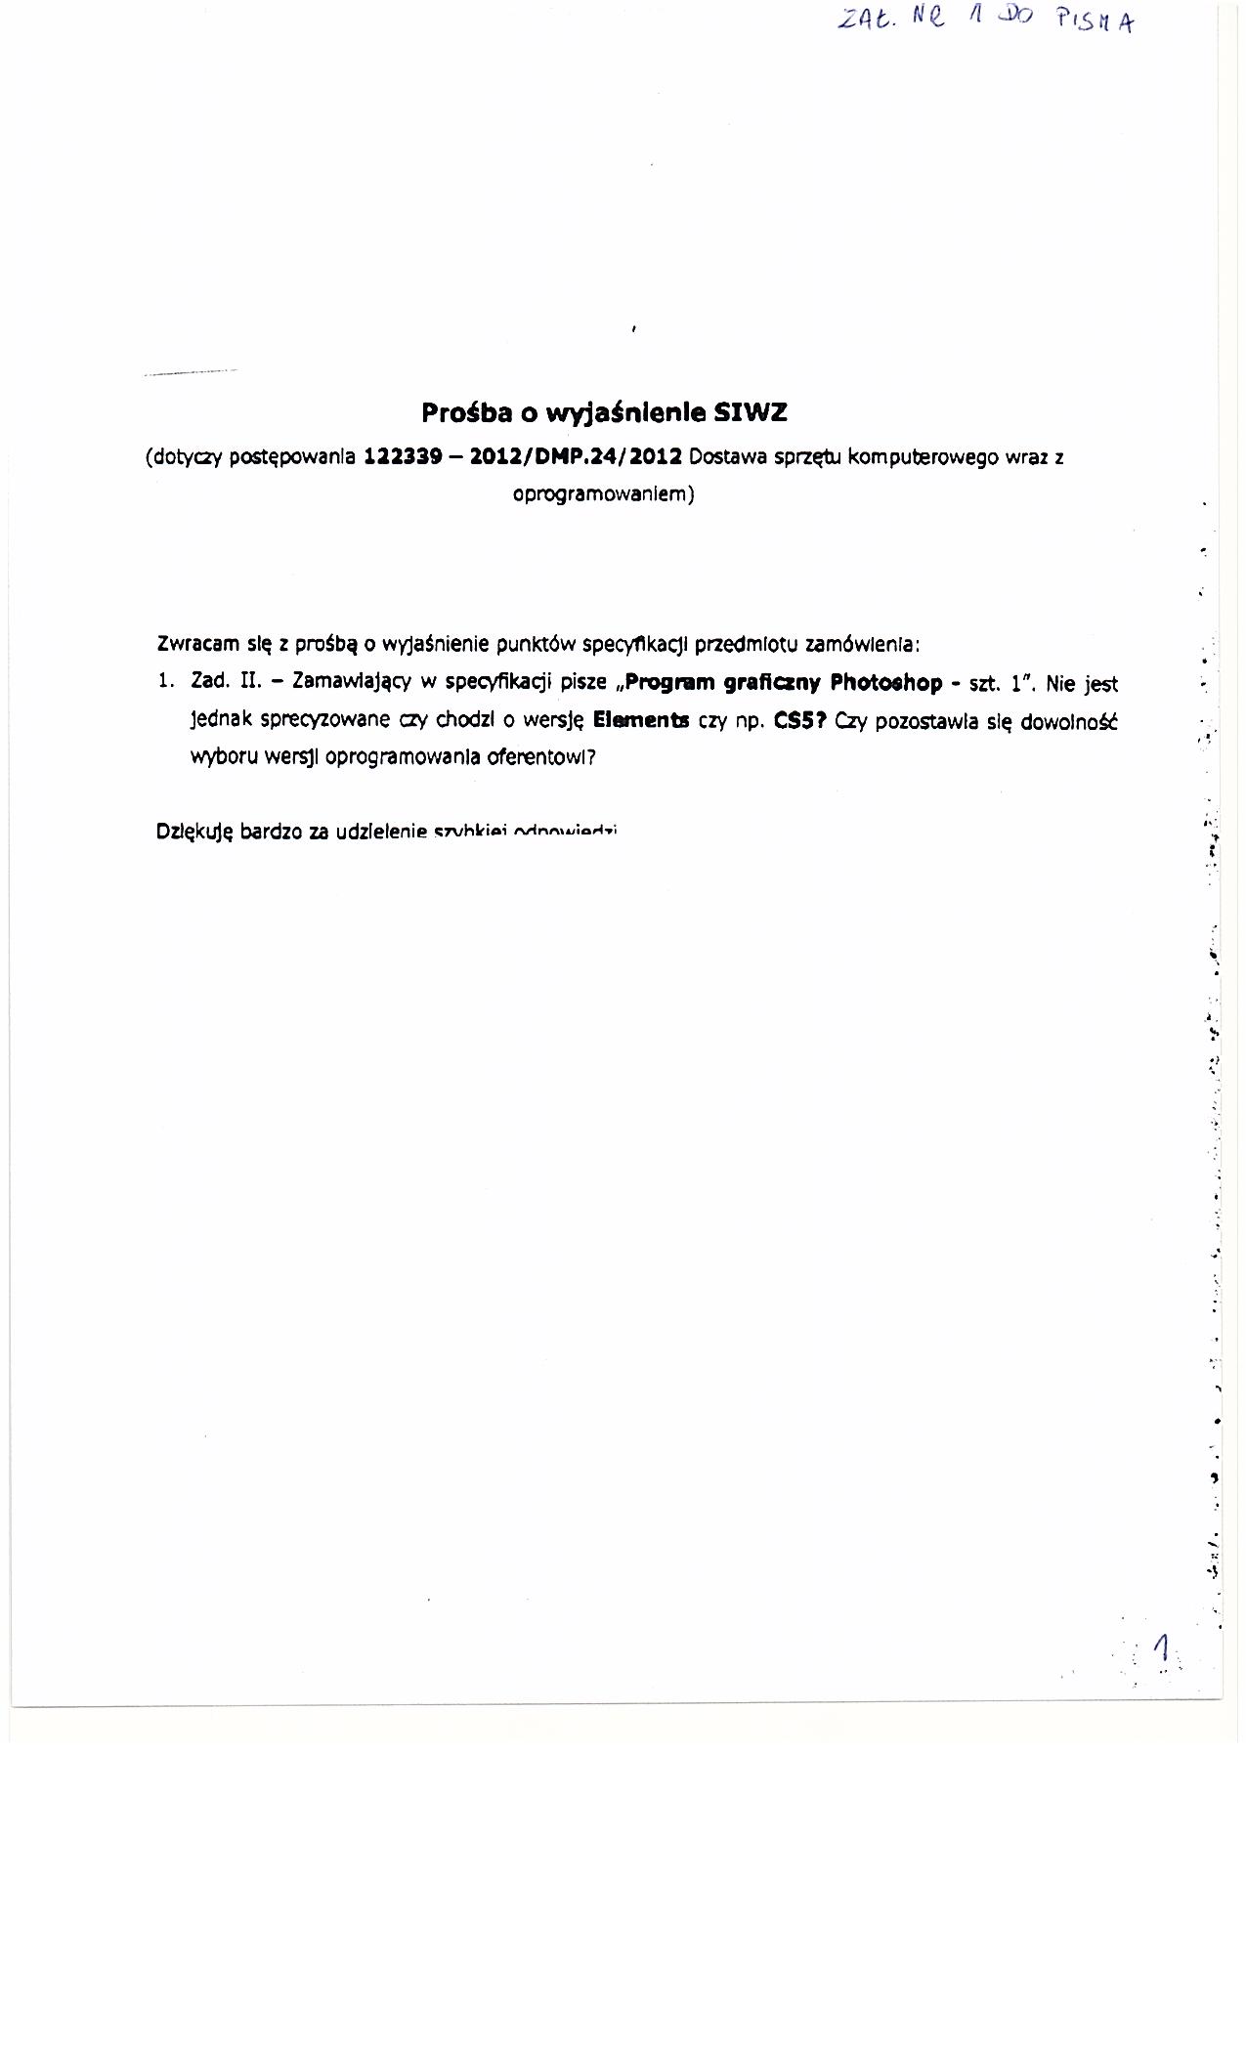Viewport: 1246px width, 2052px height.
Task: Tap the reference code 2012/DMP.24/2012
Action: (576, 456)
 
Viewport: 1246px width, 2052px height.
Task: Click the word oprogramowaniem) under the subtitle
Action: (603, 494)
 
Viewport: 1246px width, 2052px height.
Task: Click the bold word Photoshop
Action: (886, 683)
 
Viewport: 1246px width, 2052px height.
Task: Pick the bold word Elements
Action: (641, 721)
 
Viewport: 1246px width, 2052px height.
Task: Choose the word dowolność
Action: (1068, 722)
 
